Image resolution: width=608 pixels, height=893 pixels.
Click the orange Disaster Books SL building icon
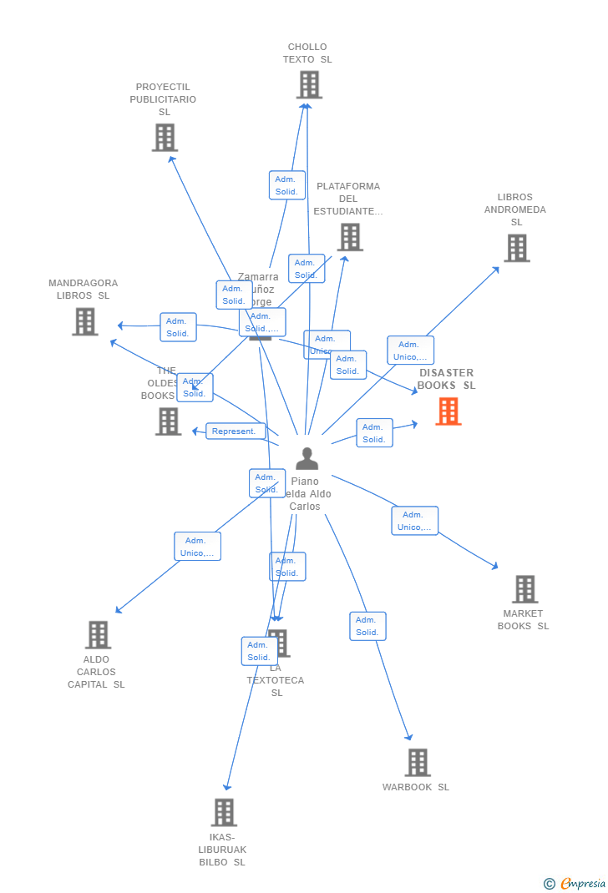pos(448,411)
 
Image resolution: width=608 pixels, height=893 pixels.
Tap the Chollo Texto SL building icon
pos(309,85)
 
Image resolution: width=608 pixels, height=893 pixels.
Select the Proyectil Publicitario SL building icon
pos(165,138)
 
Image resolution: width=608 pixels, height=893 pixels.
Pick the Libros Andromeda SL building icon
pos(516,248)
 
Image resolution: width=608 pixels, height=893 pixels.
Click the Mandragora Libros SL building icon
pos(84,321)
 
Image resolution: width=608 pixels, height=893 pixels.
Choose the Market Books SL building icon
pos(524,589)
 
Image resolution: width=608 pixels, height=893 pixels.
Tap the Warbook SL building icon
pos(418,763)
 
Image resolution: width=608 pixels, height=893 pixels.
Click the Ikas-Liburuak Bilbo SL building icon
pos(224,812)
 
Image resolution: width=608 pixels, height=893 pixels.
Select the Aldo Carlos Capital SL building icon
pos(98,635)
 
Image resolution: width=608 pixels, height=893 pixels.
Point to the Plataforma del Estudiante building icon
pos(350,237)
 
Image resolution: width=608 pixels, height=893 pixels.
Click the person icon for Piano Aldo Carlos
pos(307,459)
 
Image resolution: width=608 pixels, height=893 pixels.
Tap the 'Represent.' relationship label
pos(236,431)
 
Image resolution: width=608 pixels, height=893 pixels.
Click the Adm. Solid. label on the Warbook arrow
pos(367,626)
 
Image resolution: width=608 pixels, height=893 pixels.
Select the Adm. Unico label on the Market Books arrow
pos(414,521)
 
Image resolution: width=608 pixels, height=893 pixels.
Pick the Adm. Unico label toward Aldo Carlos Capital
pos(197,547)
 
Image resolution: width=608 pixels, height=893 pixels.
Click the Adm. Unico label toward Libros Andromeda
pos(410,351)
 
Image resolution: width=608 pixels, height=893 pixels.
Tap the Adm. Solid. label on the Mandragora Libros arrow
pos(178,327)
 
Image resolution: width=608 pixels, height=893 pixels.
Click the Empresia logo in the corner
pos(575,883)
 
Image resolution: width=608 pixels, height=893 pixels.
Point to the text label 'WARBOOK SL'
pos(416,787)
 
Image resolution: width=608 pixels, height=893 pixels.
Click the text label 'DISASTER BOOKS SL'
pos(447,379)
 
